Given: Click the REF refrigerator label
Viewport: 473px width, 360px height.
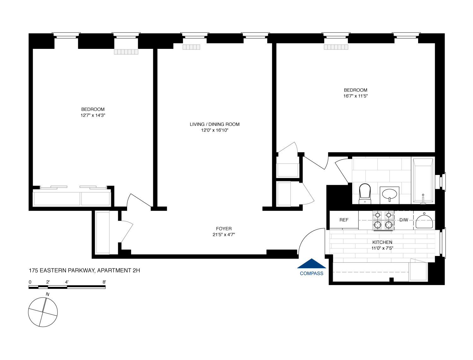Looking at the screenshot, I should (344, 220).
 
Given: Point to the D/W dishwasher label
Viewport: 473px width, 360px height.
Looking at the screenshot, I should (404, 220).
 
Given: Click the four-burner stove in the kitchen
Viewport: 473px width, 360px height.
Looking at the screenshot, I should (383, 220).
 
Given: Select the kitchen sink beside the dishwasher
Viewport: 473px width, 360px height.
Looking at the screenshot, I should (424, 220).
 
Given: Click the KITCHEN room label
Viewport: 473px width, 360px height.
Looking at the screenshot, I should (382, 242).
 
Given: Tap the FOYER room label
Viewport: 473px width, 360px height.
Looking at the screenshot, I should (224, 229).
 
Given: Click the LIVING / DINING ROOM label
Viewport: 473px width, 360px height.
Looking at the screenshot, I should (214, 124).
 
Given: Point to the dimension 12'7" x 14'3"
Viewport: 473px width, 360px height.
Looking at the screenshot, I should (93, 115).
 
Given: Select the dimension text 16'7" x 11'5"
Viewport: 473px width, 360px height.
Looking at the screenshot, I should (356, 96).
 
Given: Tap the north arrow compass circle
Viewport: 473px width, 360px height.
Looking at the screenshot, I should (43, 312).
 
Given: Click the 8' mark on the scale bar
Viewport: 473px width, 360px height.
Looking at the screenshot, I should (104, 282).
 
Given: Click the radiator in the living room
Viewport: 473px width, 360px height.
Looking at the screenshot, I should (191, 47).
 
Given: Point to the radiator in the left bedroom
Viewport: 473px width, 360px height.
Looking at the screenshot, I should (126, 52).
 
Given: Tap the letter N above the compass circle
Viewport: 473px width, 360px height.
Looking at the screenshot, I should (47, 294).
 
